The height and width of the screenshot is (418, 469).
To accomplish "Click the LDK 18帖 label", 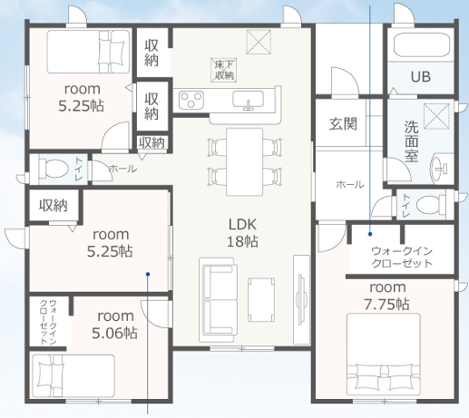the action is pyautogui.click(x=242, y=233).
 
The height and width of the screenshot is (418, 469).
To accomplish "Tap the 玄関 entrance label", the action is pyautogui.click(x=343, y=123).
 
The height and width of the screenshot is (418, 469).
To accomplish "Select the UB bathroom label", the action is pyautogui.click(x=421, y=77).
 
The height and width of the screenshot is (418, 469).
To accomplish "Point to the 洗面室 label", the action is pyautogui.click(x=411, y=141).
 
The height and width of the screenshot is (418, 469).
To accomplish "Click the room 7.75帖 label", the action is pyautogui.click(x=387, y=296).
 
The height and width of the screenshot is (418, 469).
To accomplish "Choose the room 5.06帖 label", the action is pyautogui.click(x=115, y=325).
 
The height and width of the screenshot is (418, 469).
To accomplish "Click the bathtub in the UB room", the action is pyautogui.click(x=421, y=44).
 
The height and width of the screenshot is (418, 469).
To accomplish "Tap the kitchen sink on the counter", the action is pyautogui.click(x=248, y=100).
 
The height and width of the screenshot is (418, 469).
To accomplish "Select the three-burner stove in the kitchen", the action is pyautogui.click(x=191, y=100).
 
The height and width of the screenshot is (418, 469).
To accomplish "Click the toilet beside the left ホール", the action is pyautogui.click(x=54, y=168).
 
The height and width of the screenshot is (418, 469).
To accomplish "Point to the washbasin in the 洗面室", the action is pyautogui.click(x=440, y=169).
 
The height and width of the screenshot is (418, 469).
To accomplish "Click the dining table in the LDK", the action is pyautogui.click(x=245, y=162).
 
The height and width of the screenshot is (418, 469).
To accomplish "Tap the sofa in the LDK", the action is pyautogui.click(x=218, y=300).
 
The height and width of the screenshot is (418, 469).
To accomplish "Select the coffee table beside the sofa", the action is pyautogui.click(x=261, y=300).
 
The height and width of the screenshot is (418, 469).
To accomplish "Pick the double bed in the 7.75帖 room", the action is pyautogui.click(x=384, y=355).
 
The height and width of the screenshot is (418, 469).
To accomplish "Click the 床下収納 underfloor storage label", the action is pyautogui.click(x=223, y=70).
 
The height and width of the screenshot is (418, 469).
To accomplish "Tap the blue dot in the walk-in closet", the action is pyautogui.click(x=370, y=234).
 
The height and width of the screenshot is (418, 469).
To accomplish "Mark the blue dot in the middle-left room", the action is pyautogui.click(x=148, y=274).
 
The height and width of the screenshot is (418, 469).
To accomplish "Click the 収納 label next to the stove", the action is pyautogui.click(x=151, y=106).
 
